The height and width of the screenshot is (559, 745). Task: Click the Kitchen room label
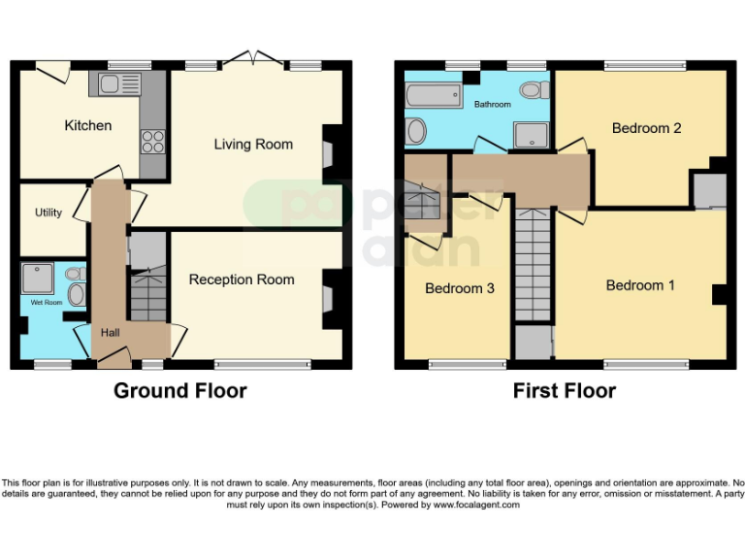pyautogui.click(x=88, y=125)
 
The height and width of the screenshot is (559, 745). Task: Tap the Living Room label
pyautogui.click(x=253, y=145)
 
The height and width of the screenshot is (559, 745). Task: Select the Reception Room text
pyautogui.click(x=242, y=279)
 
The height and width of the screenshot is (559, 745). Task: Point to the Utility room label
pyautogui.click(x=49, y=213)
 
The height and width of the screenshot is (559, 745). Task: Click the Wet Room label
pyautogui.click(x=46, y=303)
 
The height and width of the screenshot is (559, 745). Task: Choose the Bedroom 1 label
pyautogui.click(x=640, y=285)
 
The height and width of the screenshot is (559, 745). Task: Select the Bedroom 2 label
pyautogui.click(x=646, y=128)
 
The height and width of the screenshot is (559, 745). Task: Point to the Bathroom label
pyautogui.click(x=492, y=105)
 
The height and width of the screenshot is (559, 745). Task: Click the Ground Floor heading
pyautogui.click(x=180, y=391)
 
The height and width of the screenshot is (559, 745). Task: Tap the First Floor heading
pyautogui.click(x=565, y=391)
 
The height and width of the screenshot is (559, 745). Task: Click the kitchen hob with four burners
pyautogui.click(x=153, y=142)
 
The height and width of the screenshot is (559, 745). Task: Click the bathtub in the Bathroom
pyautogui.click(x=434, y=96)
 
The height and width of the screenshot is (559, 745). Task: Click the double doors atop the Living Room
pyautogui.click(x=253, y=60)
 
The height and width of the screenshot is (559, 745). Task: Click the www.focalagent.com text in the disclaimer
pyautogui.click(x=476, y=505)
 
